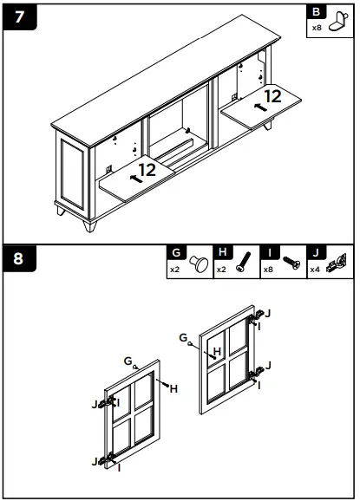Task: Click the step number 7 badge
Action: pos(20,17)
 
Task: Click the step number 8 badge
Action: pos(19,258)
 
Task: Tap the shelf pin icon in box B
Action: pos(339,22)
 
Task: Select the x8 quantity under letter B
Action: pos(317,28)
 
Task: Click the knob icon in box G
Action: pos(199,264)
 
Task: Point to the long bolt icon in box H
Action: pos(244,262)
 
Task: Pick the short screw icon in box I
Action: pos(291,263)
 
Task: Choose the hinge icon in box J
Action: pos(337,263)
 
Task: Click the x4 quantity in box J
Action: pos(315,270)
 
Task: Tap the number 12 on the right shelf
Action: pos(272,96)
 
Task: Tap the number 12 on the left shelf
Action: pos(147,170)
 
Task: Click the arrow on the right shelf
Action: pos(260,107)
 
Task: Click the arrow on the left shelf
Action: pos(136,179)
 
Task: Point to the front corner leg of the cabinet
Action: pos(90,225)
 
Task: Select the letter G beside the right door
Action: pos(183,337)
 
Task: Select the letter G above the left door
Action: pos(128,361)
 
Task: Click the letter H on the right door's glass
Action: pos(217,351)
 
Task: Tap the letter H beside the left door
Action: pos(173,389)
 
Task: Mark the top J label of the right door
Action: pos(268,314)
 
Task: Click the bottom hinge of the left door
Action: pos(107,459)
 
